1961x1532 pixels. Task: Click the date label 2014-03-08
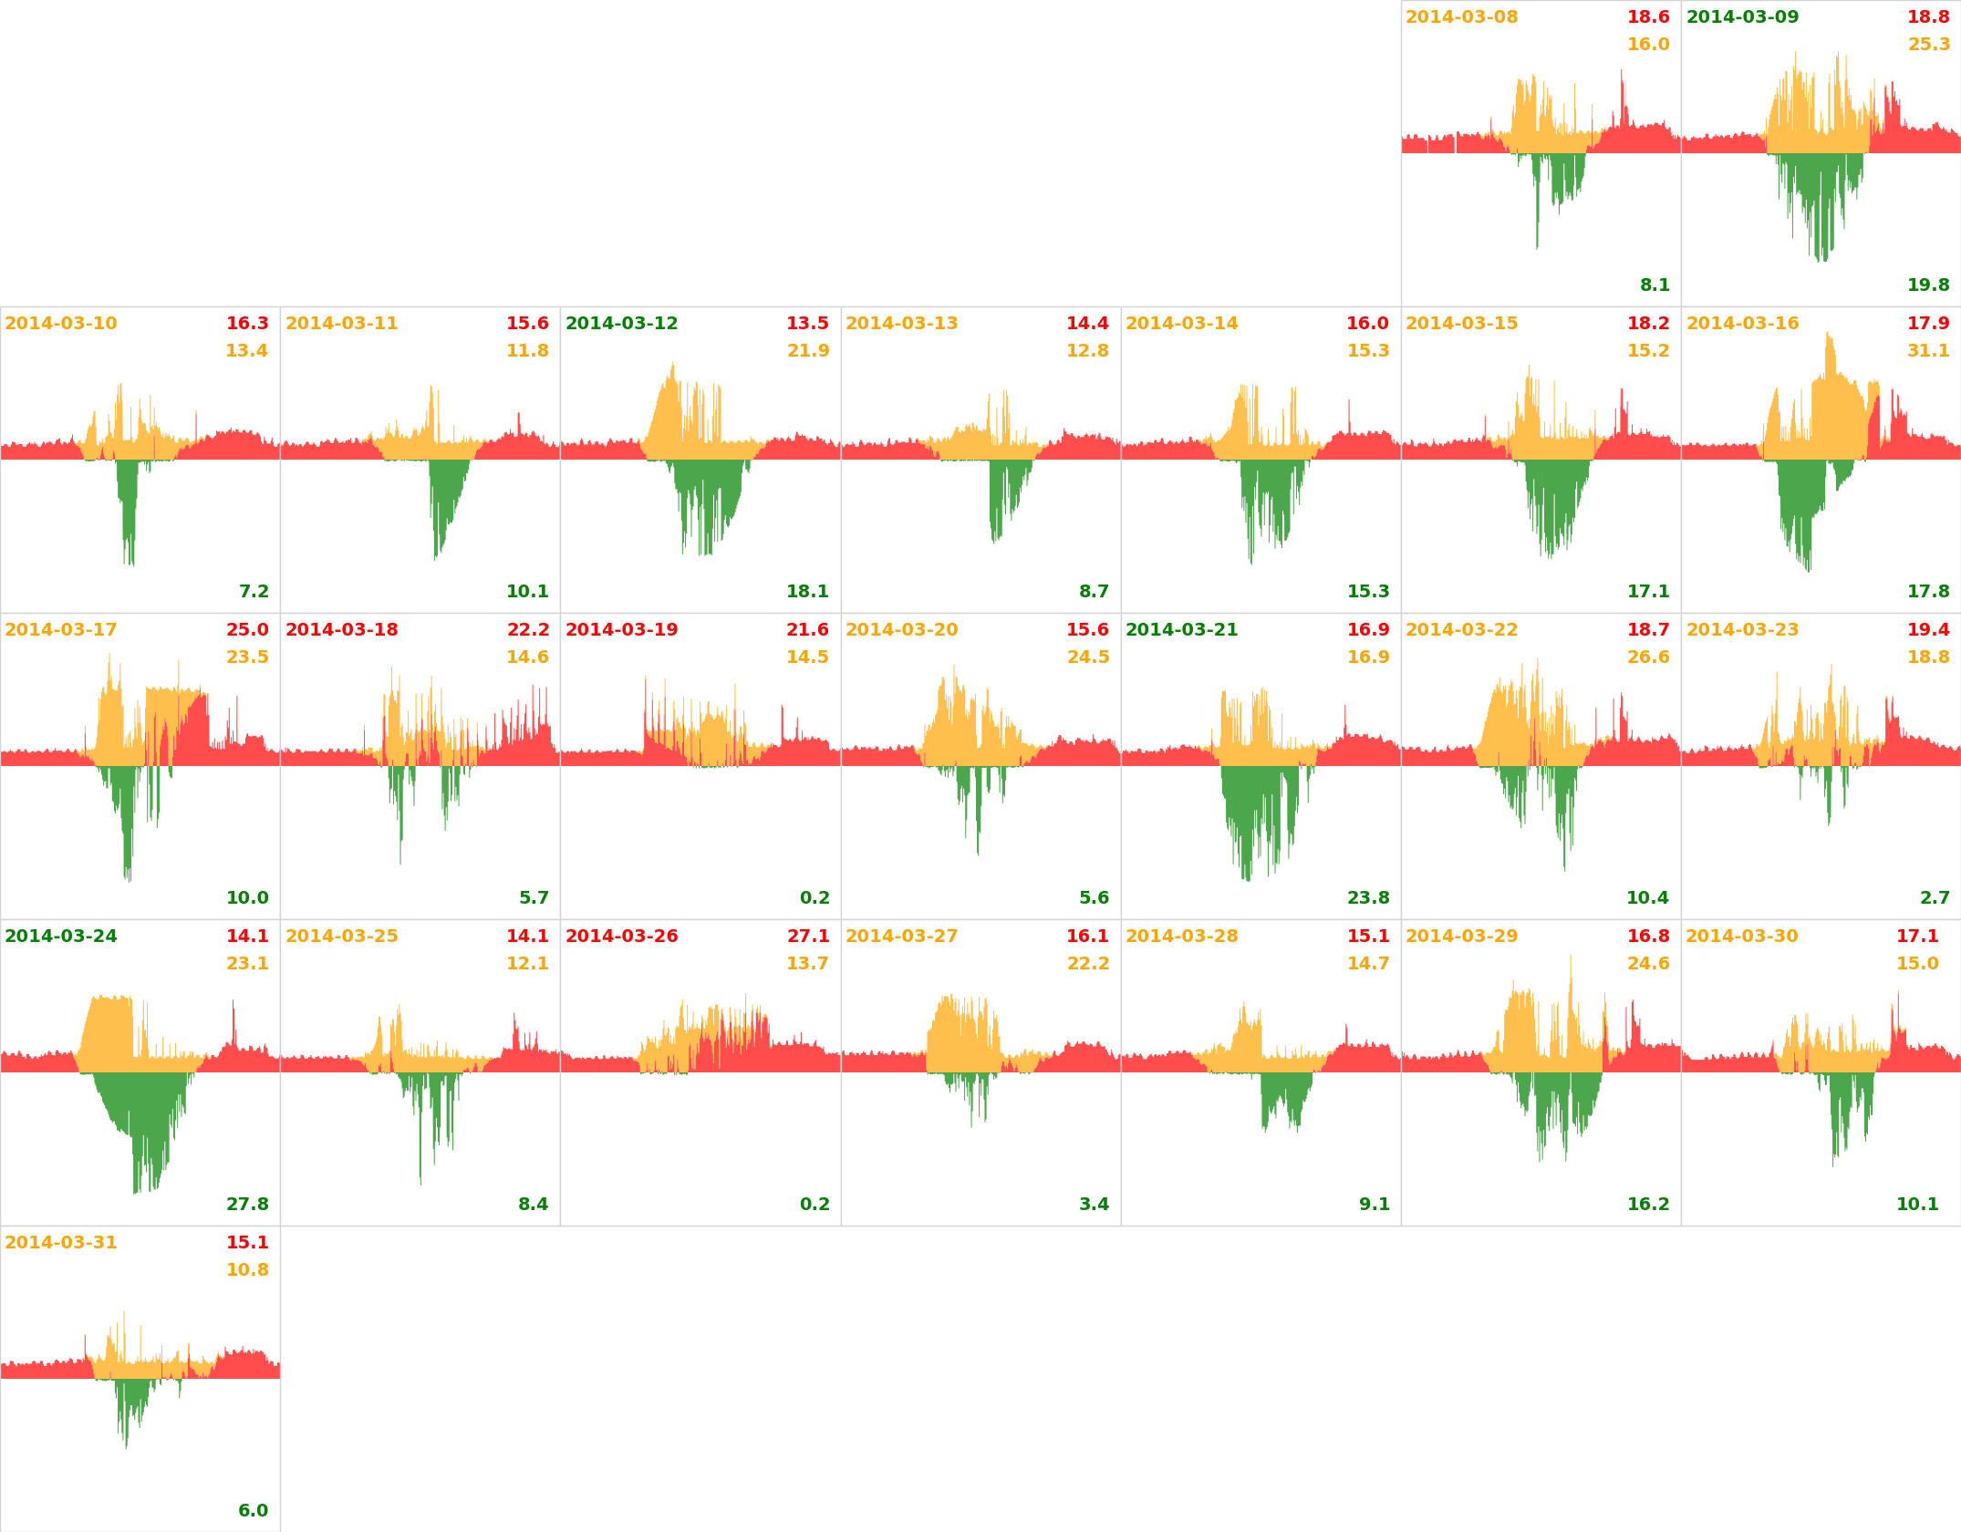click(x=1461, y=17)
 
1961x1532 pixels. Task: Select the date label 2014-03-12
click(x=621, y=324)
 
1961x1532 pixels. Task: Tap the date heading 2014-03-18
click(x=341, y=630)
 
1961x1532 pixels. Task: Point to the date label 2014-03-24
click(x=61, y=937)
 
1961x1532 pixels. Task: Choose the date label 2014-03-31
click(x=61, y=1243)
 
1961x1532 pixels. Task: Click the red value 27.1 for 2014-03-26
click(x=808, y=937)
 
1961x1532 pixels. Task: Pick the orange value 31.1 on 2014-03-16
click(x=1928, y=351)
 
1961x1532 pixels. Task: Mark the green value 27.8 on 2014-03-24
click(x=247, y=1205)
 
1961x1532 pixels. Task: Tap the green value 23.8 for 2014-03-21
click(x=1368, y=898)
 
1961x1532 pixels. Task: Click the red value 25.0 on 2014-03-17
click(x=247, y=630)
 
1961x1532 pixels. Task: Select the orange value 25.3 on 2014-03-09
click(x=1928, y=45)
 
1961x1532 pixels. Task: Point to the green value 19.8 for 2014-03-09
click(x=1928, y=285)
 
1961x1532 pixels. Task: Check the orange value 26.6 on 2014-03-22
click(x=1648, y=657)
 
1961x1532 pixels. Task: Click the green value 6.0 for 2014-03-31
click(x=253, y=1511)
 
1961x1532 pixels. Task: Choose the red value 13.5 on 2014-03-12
click(x=807, y=324)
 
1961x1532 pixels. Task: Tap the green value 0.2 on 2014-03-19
click(x=814, y=898)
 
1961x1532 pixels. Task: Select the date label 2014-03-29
click(x=1461, y=937)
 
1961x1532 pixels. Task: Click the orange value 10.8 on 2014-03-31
click(x=247, y=1270)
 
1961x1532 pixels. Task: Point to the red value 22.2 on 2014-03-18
click(x=528, y=630)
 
